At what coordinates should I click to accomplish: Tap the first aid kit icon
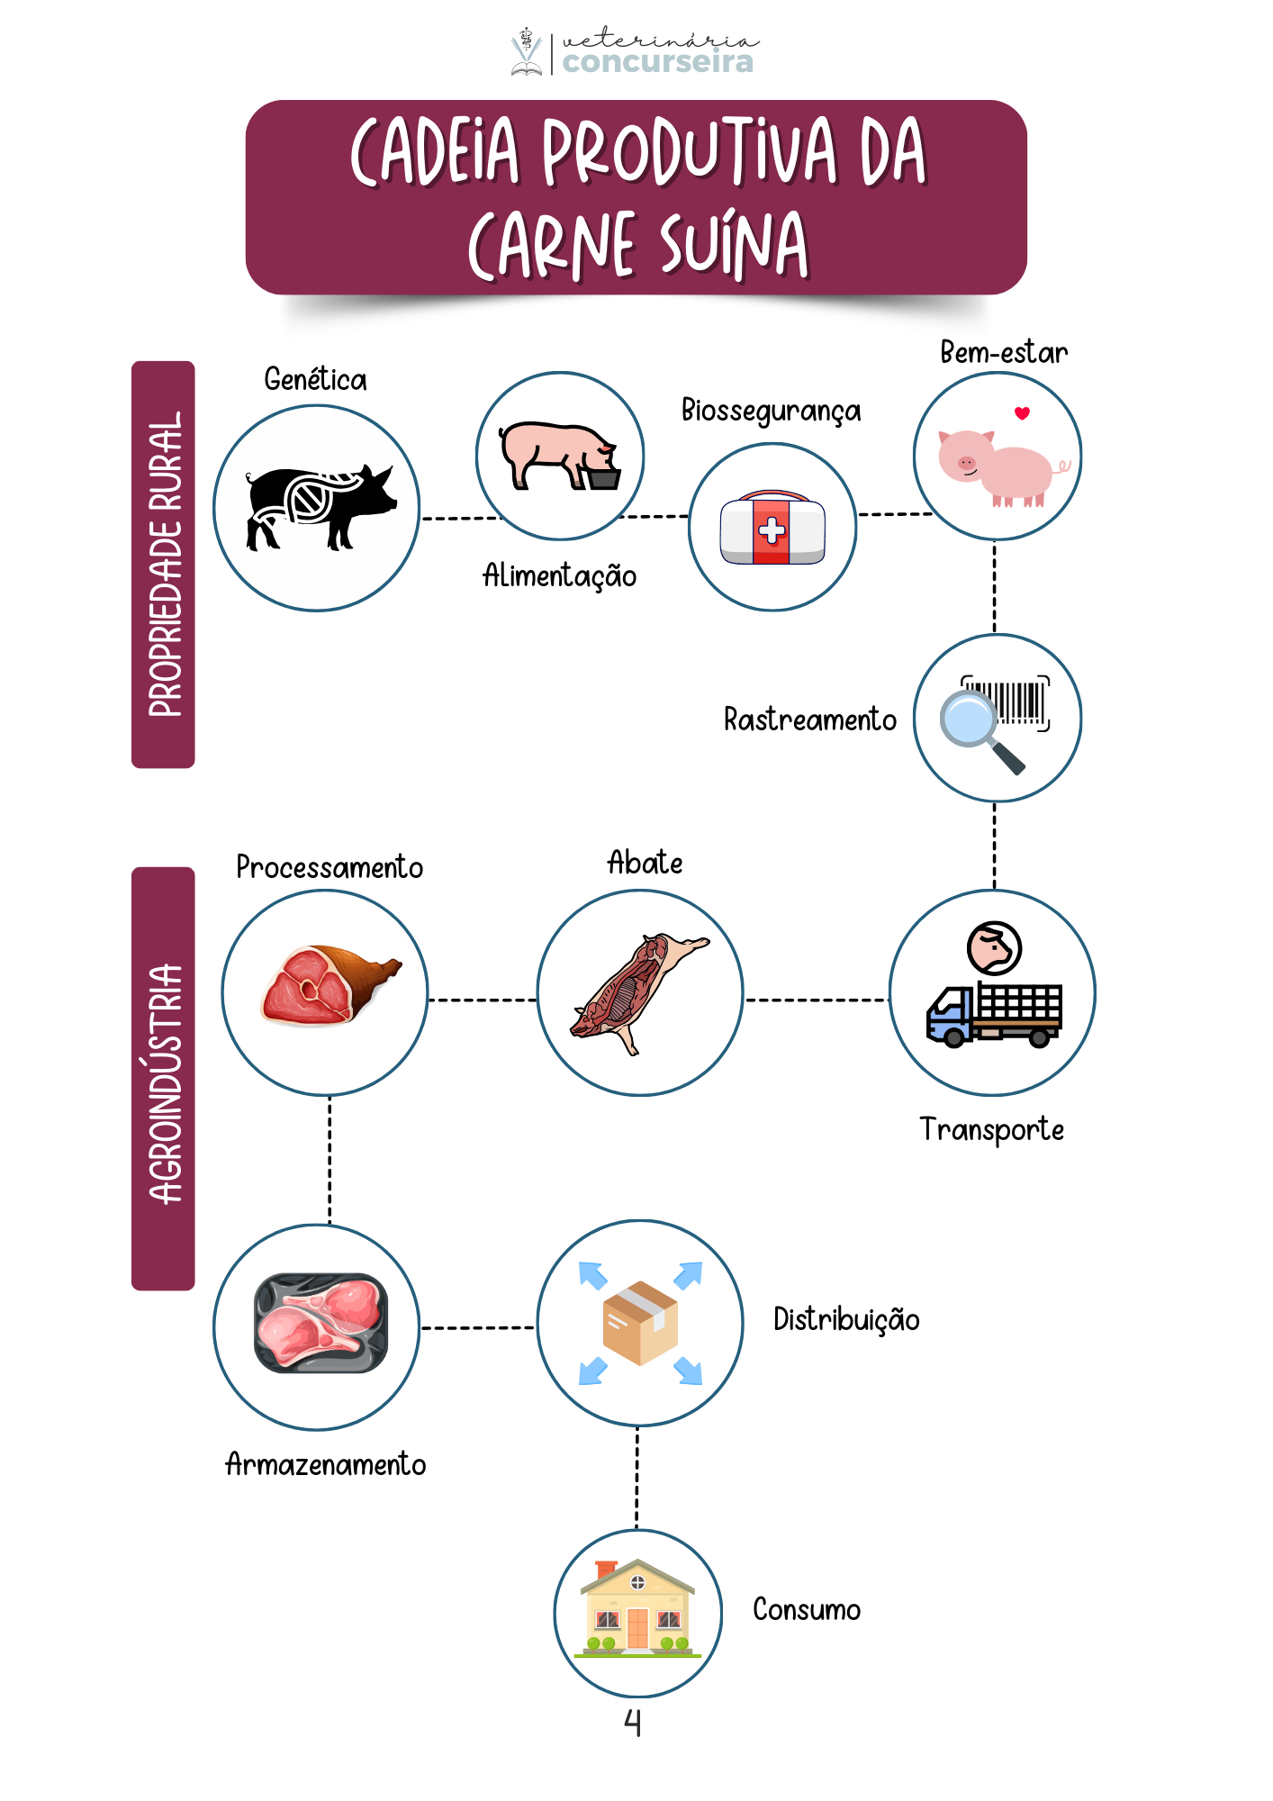click(772, 529)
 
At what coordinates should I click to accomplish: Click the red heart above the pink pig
click(1022, 413)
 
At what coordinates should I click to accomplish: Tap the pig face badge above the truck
click(994, 947)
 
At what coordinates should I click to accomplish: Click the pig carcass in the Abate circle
click(636, 991)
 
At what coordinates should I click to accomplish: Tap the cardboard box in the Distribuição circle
click(639, 1322)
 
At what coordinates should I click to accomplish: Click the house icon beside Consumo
click(637, 1610)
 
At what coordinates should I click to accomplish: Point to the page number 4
click(633, 1722)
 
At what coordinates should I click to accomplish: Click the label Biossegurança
click(771, 411)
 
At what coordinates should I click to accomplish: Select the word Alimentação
click(559, 576)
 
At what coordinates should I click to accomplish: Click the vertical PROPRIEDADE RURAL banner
click(163, 565)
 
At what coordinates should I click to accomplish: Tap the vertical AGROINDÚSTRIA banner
click(163, 1079)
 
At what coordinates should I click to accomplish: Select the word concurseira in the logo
click(657, 62)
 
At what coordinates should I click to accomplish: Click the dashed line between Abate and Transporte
click(817, 1000)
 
